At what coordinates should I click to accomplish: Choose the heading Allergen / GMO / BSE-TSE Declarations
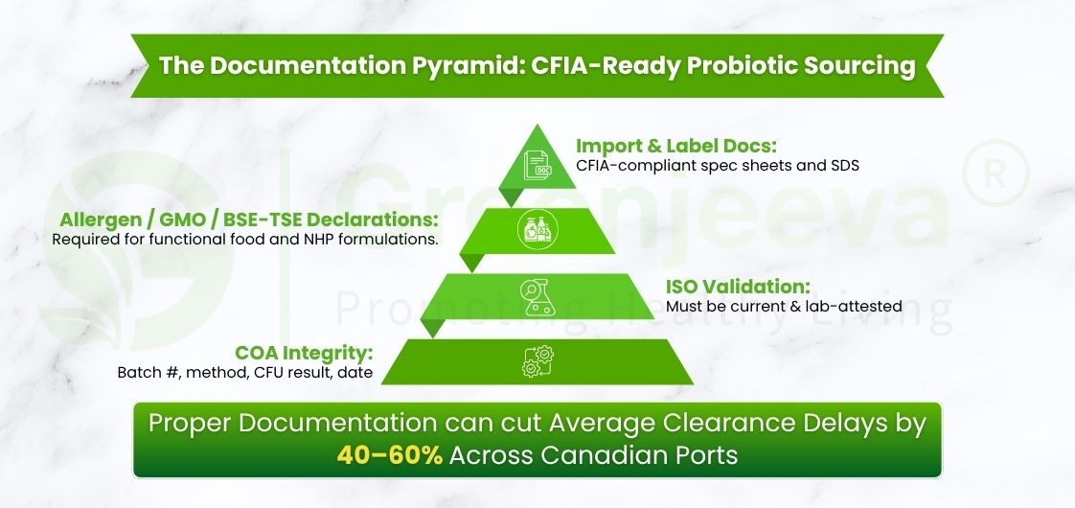248,219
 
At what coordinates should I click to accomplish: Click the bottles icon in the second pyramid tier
537,232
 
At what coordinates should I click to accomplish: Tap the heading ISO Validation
739,287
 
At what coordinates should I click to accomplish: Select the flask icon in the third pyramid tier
536,295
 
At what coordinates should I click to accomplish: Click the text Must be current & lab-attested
785,307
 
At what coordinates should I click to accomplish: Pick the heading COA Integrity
305,352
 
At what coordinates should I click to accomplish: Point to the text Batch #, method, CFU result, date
244,372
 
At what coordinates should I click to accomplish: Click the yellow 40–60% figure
389,454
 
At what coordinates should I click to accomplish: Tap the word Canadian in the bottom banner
601,454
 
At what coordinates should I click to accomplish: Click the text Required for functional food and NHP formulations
245,239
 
